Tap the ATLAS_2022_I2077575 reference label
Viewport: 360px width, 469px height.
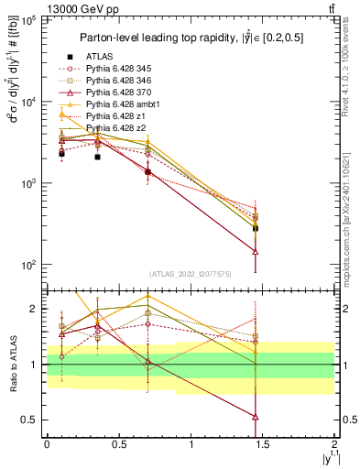click(190, 274)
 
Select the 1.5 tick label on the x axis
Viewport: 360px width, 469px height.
click(263, 444)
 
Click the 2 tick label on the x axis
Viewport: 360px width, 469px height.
click(335, 444)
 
